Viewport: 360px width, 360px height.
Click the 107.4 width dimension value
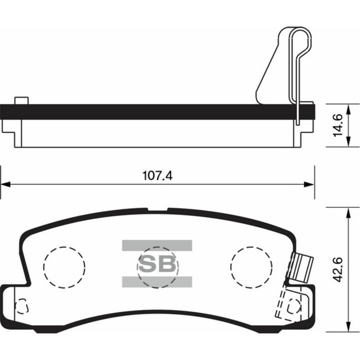[x=157, y=175]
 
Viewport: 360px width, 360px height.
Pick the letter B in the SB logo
[x=167, y=264]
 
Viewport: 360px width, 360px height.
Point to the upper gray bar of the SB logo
[x=157, y=245]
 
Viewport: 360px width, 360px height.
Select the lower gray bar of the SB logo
[x=157, y=281]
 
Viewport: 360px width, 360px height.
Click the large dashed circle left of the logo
[x=64, y=267]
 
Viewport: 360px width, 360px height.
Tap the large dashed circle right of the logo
[x=251, y=267]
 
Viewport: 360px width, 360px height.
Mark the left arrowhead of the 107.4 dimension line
[x=5, y=184]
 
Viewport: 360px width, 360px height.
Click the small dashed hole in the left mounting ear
[x=21, y=307]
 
